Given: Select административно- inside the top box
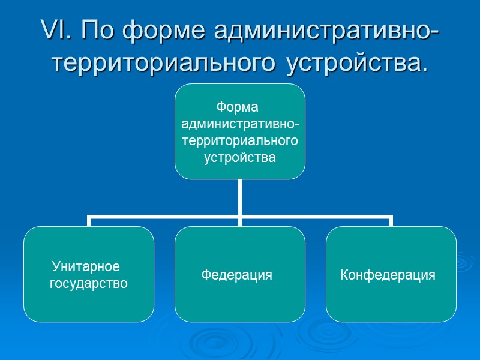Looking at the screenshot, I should coord(240,124).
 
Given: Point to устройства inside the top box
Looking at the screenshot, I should coord(240,158).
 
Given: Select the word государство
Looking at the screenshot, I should coord(89,283).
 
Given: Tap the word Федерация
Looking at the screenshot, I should coord(236,275).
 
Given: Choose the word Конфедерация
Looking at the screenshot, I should coord(388,275).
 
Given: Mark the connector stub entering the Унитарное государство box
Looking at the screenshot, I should coord(89,221).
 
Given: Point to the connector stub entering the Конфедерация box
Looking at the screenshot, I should coord(391,221).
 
